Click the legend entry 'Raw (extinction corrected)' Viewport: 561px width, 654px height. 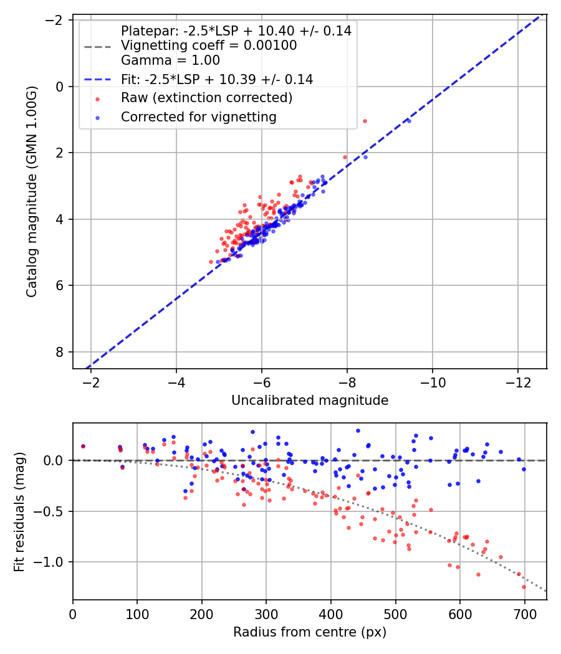pos(206,98)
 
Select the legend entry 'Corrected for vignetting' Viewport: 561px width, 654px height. pos(199,116)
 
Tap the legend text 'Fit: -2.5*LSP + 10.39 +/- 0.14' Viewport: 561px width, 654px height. pos(217,79)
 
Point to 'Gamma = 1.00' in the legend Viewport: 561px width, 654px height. pos(170,60)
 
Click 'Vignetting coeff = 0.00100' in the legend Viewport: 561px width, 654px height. pos(209,45)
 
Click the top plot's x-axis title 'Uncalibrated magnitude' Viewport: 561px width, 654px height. pos(310,400)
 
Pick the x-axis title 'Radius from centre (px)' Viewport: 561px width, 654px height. pos(310,632)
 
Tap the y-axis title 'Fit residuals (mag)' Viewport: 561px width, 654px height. pos(19,511)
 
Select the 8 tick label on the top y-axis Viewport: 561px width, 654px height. pos(60,352)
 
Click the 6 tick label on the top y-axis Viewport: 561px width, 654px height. pos(60,285)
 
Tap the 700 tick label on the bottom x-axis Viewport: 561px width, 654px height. pos(525,614)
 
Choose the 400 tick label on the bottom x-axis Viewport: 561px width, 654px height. pos(331,614)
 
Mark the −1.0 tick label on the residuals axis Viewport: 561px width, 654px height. pos(52,562)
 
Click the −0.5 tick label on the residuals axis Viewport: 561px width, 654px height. pos(52,511)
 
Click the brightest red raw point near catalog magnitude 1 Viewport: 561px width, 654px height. pos(365,121)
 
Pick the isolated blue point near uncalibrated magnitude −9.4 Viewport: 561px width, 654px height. pos(409,120)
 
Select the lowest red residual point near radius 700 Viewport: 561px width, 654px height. pos(524,587)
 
